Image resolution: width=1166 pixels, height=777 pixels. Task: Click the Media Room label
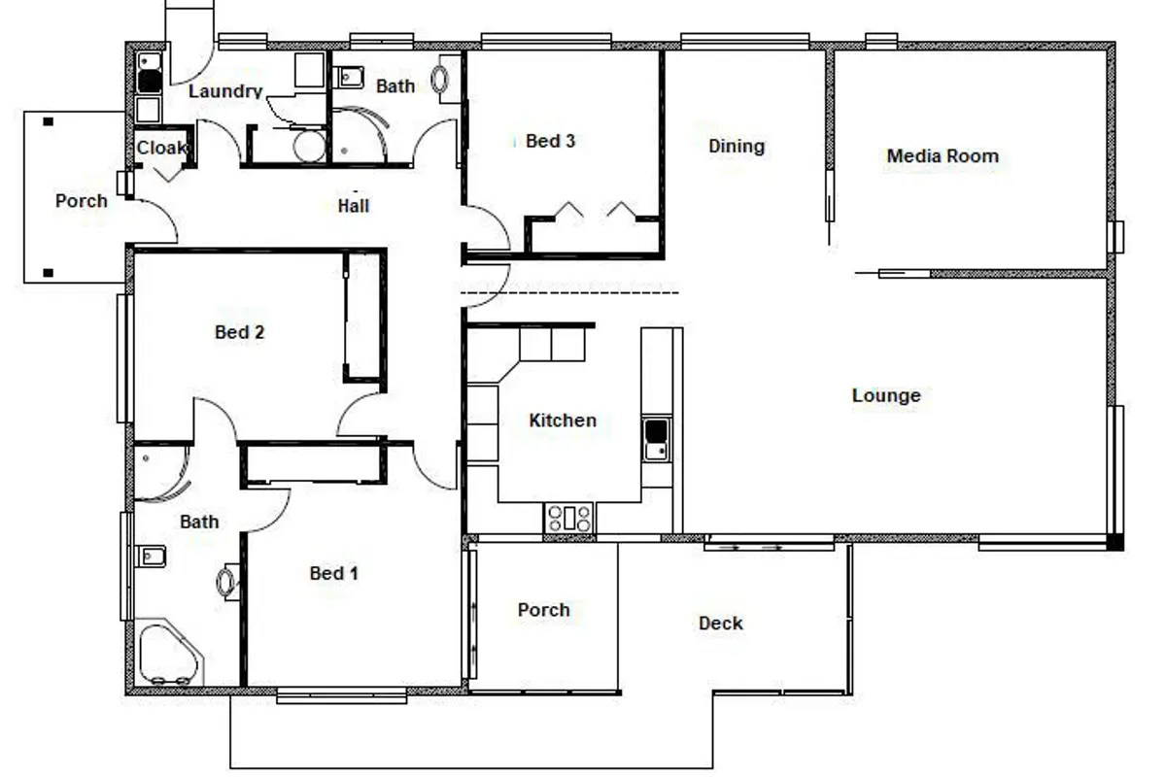[x=943, y=156]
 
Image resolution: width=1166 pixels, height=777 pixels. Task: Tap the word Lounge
[x=886, y=395]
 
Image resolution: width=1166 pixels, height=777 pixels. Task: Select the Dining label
[x=737, y=147]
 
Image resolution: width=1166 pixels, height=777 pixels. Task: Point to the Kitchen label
[x=563, y=421]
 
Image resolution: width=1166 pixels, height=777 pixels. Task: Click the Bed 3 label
[x=550, y=141]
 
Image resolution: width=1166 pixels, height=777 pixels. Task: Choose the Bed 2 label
[x=239, y=332]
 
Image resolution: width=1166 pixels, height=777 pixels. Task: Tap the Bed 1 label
[x=333, y=573]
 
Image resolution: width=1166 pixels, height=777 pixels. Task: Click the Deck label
[x=720, y=623]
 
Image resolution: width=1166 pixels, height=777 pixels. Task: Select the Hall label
[x=354, y=206]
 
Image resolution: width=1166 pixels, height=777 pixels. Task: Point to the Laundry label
[x=225, y=91]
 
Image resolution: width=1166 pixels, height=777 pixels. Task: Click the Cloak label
[x=161, y=148]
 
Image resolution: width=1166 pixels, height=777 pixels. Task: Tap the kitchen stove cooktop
[x=568, y=518]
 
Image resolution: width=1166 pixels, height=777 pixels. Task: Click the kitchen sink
[x=656, y=439]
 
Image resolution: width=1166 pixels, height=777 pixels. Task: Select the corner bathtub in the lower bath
[x=169, y=653]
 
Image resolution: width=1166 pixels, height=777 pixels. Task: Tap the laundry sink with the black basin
[x=150, y=73]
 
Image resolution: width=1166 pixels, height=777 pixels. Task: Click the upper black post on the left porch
[x=48, y=121]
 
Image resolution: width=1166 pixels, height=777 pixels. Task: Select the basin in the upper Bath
[x=348, y=78]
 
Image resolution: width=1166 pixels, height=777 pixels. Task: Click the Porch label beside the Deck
[x=543, y=610]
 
